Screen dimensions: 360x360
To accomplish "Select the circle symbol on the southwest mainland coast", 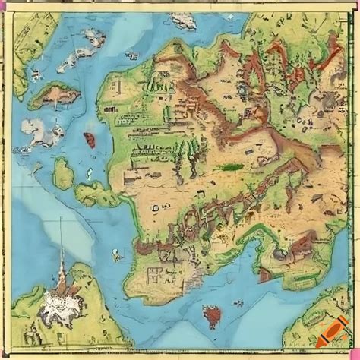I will coord(155,205).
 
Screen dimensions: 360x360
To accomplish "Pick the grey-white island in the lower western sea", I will coord(46,137).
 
